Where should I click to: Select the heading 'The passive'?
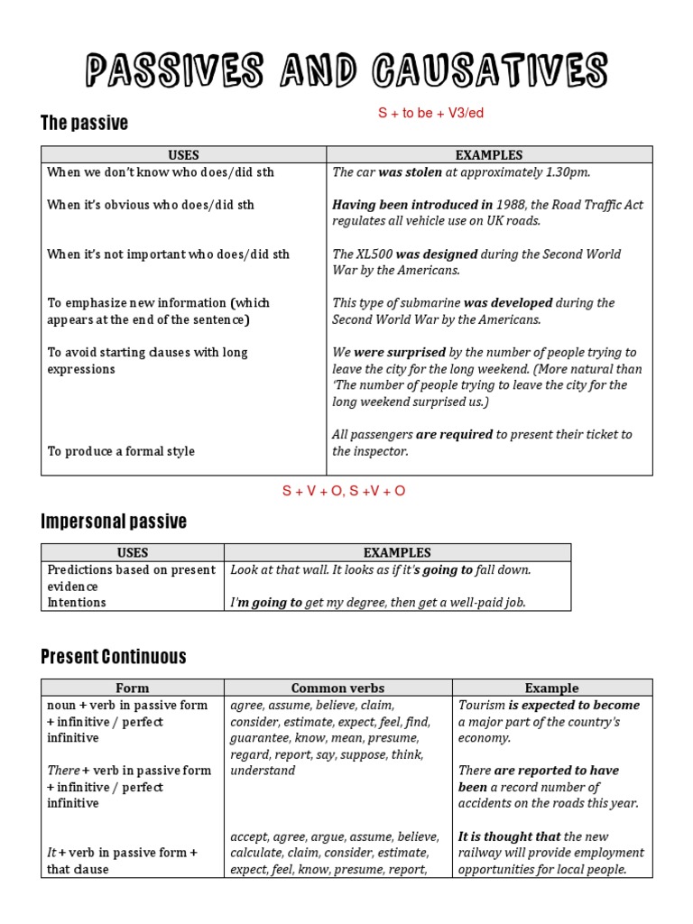click(85, 123)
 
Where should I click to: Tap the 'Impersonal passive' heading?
click(114, 521)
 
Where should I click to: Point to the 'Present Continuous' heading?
click(114, 656)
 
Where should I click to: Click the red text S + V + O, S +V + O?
click(344, 491)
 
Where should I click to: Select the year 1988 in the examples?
click(511, 205)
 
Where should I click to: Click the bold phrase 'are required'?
click(454, 435)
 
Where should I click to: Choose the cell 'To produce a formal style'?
click(121, 451)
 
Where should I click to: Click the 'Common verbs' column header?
click(337, 688)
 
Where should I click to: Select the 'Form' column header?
click(133, 688)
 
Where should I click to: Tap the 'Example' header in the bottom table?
click(551, 688)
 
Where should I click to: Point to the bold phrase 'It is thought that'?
click(509, 836)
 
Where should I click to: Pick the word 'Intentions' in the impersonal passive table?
click(77, 603)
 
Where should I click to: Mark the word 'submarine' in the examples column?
click(430, 303)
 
